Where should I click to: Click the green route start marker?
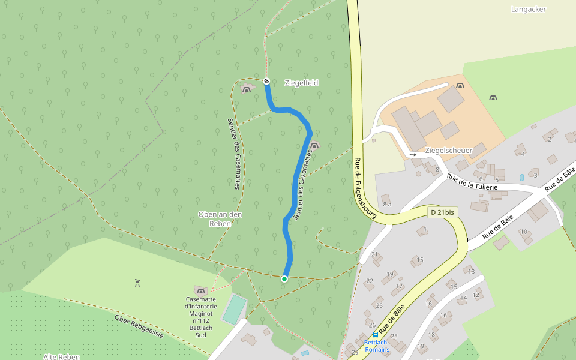(x=284, y=278)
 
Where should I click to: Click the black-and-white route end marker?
(x=266, y=81)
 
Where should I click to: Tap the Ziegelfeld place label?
(x=301, y=83)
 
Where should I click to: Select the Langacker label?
(x=529, y=9)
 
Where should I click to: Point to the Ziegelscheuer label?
(x=448, y=150)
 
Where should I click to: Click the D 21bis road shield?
(x=442, y=212)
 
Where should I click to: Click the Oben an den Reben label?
(x=220, y=218)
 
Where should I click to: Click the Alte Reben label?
(x=61, y=356)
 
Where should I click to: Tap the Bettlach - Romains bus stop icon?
(x=376, y=335)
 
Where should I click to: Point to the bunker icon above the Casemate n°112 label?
(x=200, y=290)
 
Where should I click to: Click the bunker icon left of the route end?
(x=246, y=89)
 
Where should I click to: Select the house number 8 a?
(x=387, y=205)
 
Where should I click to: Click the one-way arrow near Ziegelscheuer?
(x=413, y=155)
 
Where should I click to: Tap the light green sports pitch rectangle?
(x=234, y=309)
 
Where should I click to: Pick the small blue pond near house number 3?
(x=521, y=178)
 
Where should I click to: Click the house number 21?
(x=375, y=254)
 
